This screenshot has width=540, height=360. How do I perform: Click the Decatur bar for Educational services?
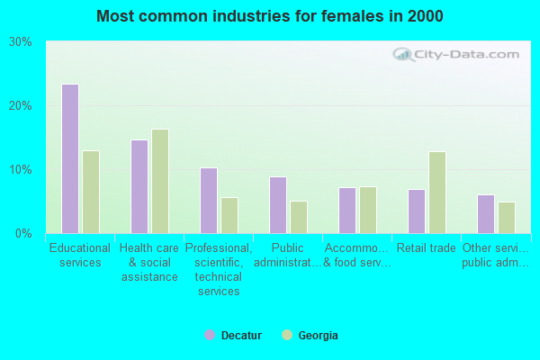tap(70, 158)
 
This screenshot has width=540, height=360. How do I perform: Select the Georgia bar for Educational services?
tap(91, 192)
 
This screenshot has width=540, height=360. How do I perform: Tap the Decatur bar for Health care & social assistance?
tap(139, 186)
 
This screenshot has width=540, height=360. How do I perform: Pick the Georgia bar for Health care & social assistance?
tap(160, 181)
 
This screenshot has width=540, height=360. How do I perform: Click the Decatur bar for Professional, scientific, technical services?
tap(209, 201)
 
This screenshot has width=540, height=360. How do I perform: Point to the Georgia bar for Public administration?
tap(299, 217)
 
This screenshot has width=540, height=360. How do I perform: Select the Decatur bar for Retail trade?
tap(417, 211)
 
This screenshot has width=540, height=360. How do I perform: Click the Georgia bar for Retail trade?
tap(437, 193)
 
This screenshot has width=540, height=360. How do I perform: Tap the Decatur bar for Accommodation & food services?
tap(347, 211)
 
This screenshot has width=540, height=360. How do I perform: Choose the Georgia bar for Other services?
tap(507, 218)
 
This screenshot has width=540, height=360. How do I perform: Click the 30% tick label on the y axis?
tap(21, 42)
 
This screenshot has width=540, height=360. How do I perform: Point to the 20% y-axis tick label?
tap(21, 106)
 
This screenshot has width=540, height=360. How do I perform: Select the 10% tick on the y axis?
tap(21, 170)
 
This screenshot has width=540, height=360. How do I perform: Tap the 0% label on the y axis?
tap(24, 234)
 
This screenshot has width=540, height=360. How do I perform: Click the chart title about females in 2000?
tap(270, 16)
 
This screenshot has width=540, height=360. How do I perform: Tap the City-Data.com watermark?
tap(459, 55)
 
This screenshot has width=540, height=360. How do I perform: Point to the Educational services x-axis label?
tap(80, 256)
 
